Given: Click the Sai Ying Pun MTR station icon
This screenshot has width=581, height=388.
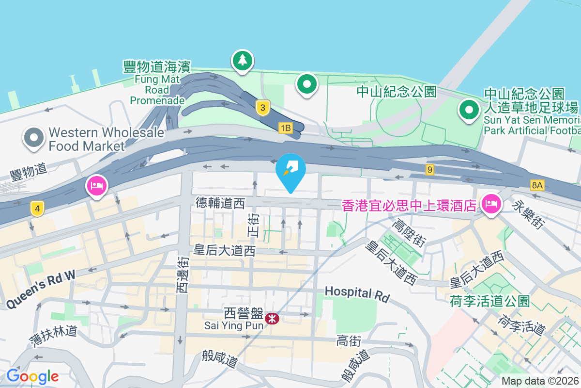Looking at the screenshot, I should tap(272, 318).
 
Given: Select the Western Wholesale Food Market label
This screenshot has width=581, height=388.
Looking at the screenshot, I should tap(87, 139).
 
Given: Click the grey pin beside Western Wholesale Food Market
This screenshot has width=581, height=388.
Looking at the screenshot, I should tap(33, 138).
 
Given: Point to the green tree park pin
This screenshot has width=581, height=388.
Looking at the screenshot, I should tap(243, 61).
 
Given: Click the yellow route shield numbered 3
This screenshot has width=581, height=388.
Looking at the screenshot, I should tap(262, 108).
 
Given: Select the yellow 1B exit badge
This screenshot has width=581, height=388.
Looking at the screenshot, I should tap(286, 128).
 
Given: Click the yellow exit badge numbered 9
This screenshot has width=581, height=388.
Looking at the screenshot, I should tap(429, 170).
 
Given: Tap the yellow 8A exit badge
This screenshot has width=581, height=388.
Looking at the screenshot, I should tap(537, 185).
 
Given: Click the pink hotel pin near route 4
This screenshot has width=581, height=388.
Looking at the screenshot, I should tap(97, 186).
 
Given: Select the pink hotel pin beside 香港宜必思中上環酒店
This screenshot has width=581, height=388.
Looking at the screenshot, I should tap(491, 204).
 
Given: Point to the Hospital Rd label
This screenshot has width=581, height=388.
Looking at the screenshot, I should tap(357, 293).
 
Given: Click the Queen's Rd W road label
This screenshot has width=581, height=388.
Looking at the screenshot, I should tap(41, 289).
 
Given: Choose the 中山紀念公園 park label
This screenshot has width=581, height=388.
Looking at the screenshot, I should tap(397, 91).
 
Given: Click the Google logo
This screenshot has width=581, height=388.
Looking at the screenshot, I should tap(32, 376).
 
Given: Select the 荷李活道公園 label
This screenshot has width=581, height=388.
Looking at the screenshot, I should tap(489, 301).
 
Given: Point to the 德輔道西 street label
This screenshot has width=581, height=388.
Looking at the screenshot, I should tap(220, 203).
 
